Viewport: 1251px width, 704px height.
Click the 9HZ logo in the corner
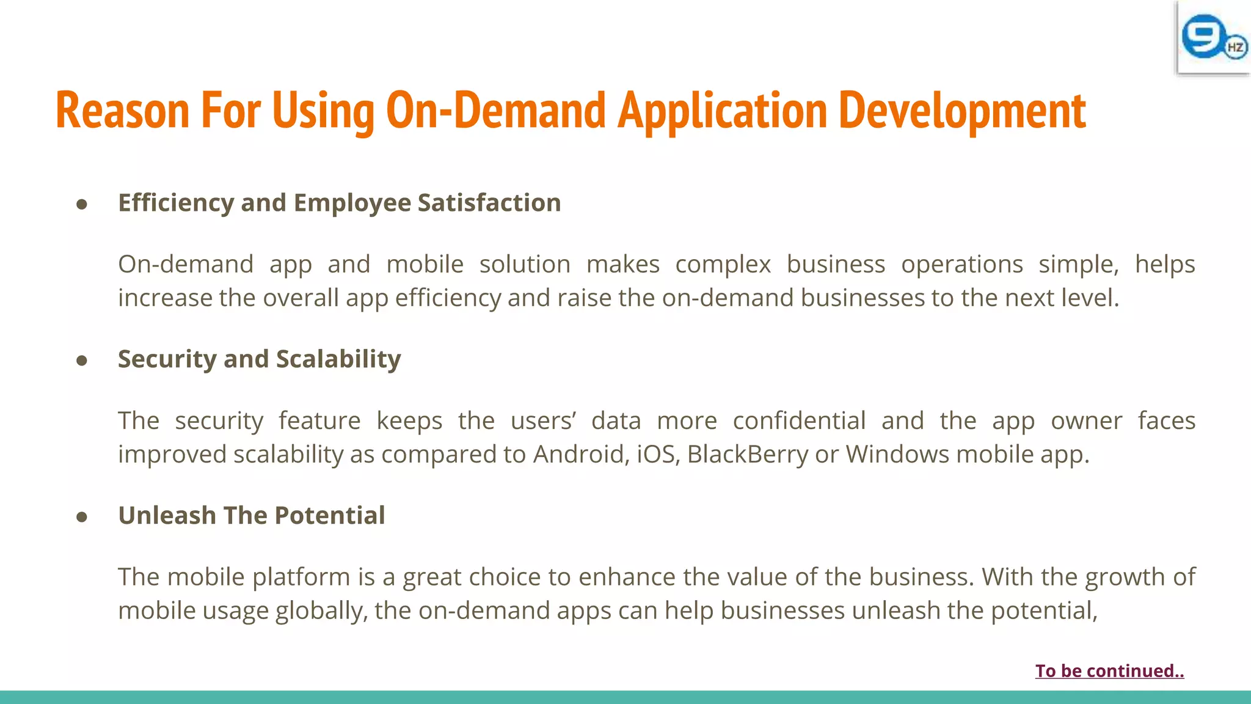(x=1213, y=38)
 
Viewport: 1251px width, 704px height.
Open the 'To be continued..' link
(x=1109, y=671)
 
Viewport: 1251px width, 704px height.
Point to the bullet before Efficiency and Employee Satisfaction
(x=82, y=204)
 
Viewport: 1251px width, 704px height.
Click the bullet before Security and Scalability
(x=82, y=361)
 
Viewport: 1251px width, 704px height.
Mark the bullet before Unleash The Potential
(x=82, y=517)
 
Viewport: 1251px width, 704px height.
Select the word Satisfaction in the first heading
(x=489, y=203)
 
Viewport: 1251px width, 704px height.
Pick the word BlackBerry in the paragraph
(x=748, y=454)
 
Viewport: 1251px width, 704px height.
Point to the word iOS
(x=658, y=454)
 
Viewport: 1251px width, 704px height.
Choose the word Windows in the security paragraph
(x=897, y=454)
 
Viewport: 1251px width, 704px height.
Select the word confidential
(x=799, y=420)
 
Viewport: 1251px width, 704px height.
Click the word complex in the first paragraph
(x=723, y=264)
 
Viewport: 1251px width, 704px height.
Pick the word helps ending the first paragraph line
(x=1165, y=264)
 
